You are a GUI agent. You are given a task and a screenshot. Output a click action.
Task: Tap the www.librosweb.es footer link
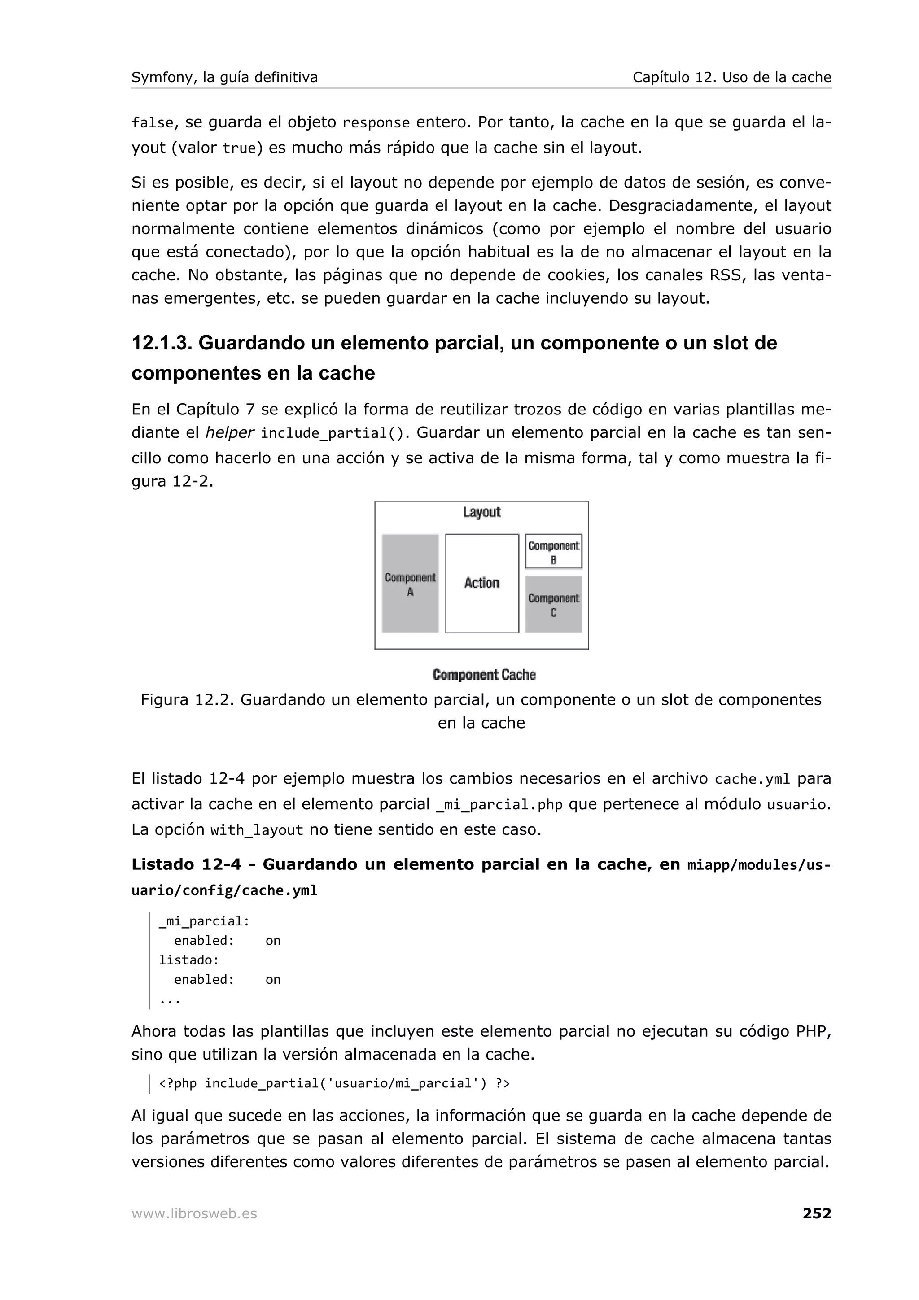tap(194, 1214)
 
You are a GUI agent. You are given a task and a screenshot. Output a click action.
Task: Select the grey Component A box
tap(410, 584)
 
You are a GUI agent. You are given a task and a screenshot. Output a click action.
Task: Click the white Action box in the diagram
tap(481, 583)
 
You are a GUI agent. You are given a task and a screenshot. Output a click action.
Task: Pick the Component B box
tap(553, 551)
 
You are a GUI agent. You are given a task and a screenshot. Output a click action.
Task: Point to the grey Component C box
tap(553, 605)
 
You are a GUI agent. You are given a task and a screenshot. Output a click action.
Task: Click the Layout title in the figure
tap(481, 512)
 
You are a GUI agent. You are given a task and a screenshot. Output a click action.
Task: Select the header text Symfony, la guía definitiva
tap(224, 78)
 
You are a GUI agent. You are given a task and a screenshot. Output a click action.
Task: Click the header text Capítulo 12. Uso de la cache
tap(731, 78)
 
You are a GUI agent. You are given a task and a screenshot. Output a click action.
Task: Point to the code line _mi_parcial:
tap(204, 921)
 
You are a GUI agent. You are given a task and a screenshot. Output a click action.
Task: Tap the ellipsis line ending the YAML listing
tap(169, 1000)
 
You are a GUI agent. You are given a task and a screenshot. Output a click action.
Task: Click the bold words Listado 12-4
tap(186, 864)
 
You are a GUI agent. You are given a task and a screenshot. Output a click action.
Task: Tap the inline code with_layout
tap(257, 830)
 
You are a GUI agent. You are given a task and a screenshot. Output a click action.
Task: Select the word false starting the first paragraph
tap(152, 122)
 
